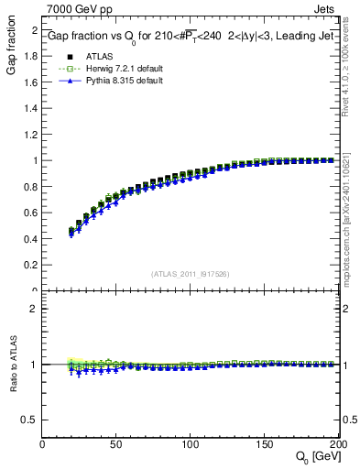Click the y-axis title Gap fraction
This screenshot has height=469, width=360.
pyautogui.click(x=13, y=50)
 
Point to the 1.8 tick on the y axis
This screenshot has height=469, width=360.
pyautogui.click(x=31, y=56)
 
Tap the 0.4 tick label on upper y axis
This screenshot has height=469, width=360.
pyautogui.click(x=31, y=239)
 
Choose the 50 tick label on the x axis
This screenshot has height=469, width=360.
pyautogui.click(x=117, y=443)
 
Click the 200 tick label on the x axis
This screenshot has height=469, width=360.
pyautogui.click(x=338, y=443)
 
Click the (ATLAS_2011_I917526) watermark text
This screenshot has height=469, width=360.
pyautogui.click(x=191, y=273)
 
